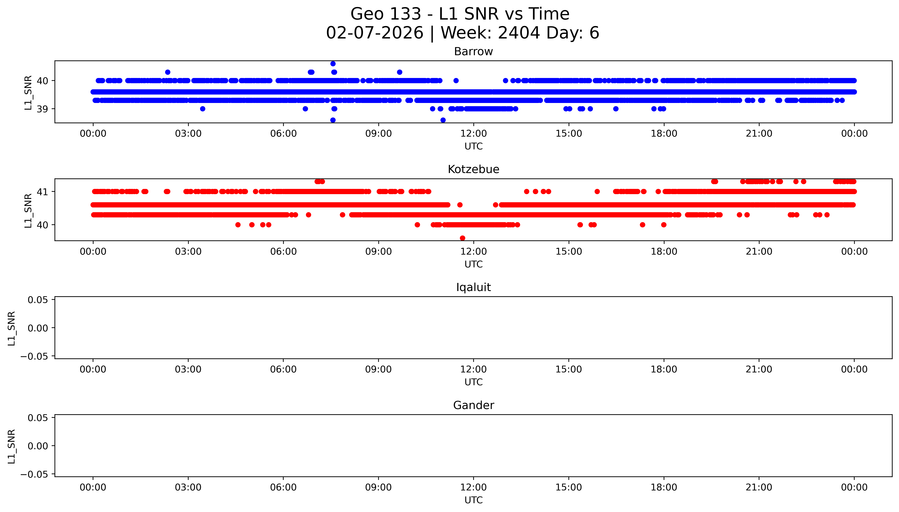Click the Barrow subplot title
[x=473, y=52]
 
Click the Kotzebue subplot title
[x=473, y=169]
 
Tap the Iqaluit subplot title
[x=473, y=287]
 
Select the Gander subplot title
[x=473, y=405]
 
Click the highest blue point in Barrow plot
[x=333, y=64]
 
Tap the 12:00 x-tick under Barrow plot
[x=474, y=134]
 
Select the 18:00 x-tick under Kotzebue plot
[x=664, y=251]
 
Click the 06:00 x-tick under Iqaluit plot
[x=283, y=369]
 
